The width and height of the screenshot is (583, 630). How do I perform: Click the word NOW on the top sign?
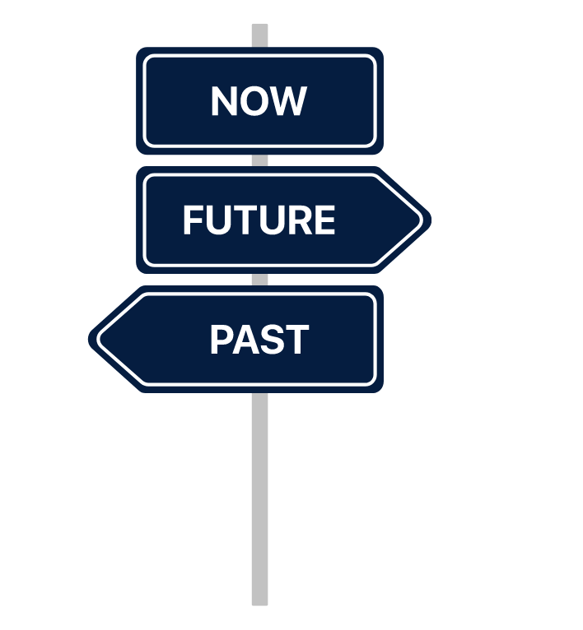click(259, 101)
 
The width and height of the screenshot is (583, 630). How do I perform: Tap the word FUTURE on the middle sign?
click(259, 220)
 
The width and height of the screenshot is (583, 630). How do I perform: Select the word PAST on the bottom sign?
click(259, 340)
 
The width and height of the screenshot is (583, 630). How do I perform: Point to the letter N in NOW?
click(224, 101)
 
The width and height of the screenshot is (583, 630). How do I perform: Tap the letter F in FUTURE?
click(192, 220)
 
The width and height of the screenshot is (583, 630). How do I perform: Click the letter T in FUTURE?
click(244, 220)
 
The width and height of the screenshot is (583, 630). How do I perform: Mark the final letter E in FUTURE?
click(324, 220)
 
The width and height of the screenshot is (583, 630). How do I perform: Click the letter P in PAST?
click(221, 340)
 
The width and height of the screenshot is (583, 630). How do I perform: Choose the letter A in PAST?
click(245, 340)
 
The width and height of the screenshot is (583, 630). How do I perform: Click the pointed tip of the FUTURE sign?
click(425, 220)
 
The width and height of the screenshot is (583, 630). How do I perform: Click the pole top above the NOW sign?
click(259, 35)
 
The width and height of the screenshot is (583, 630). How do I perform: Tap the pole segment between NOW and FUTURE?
click(259, 160)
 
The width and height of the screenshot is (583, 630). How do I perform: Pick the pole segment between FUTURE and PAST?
click(259, 280)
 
